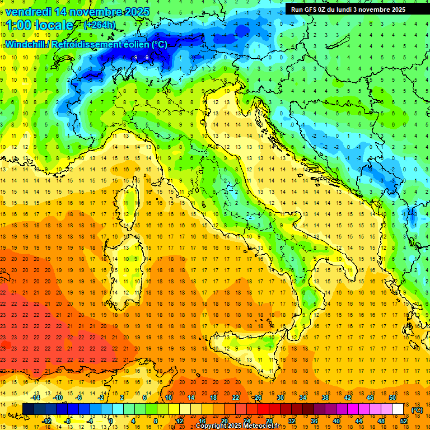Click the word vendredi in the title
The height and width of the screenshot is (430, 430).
(28, 11)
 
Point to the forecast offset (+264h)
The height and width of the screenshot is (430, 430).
(100, 25)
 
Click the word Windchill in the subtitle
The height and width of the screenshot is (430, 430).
(26, 44)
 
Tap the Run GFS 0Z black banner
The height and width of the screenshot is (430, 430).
(353, 9)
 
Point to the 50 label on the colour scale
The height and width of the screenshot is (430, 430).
(392, 398)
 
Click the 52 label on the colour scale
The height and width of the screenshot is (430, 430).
(404, 420)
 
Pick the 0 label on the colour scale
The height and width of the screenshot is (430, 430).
(110, 420)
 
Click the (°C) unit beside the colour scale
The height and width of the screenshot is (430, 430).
(417, 409)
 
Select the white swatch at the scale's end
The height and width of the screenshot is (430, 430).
(398, 409)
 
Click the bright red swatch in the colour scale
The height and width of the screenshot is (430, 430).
(263, 409)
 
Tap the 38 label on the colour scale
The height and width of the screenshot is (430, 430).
(325, 398)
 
